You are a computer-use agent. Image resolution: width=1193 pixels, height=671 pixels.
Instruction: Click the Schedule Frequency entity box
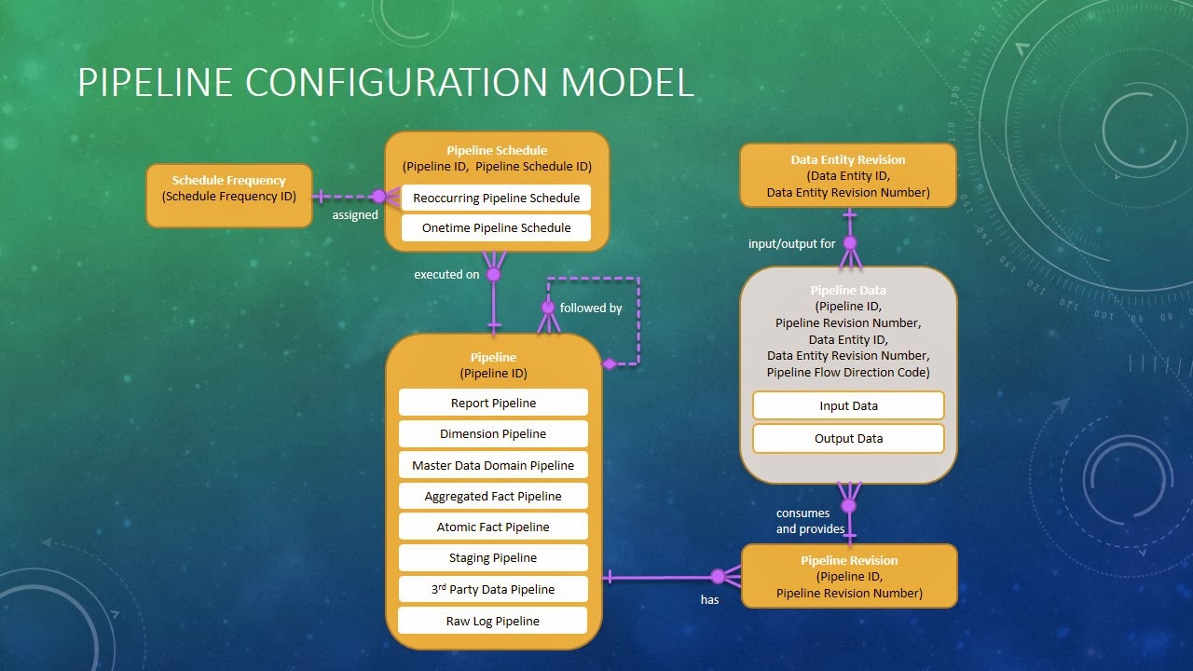pos(229,195)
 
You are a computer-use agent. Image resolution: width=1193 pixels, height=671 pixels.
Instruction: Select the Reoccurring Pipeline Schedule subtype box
pos(496,198)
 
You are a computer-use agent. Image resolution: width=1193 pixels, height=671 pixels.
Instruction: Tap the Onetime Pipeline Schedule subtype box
pos(496,227)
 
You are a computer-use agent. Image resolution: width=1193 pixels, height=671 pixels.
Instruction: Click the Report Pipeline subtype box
pos(493,403)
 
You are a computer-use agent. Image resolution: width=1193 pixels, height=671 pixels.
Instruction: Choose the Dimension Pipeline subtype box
pos(493,433)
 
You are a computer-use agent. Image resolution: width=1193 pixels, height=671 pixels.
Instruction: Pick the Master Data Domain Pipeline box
pos(493,465)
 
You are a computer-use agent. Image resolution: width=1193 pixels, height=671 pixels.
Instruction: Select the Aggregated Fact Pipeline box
pos(493,496)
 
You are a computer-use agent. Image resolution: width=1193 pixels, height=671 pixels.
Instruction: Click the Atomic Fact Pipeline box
pos(493,527)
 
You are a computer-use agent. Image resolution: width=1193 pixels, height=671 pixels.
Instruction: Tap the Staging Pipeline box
pos(493,557)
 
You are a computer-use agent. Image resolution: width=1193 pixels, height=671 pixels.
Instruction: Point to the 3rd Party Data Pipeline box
pos(493,589)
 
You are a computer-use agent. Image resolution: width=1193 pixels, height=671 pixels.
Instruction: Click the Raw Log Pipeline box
pos(493,621)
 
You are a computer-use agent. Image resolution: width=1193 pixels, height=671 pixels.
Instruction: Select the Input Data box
pos(848,405)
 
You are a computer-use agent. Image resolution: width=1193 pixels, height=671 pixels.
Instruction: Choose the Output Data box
pos(848,438)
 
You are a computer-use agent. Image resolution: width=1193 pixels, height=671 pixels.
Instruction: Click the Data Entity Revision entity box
pos(848,175)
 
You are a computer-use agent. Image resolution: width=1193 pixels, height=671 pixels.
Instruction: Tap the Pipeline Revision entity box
pos(849,576)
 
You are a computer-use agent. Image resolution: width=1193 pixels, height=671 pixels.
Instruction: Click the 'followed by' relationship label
pos(590,308)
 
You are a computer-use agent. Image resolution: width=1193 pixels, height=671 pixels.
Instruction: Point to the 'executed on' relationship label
pos(446,275)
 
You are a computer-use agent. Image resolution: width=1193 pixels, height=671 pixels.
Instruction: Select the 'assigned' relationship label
pos(355,215)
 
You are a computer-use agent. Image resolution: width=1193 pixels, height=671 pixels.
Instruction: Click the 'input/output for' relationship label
pos(791,244)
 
